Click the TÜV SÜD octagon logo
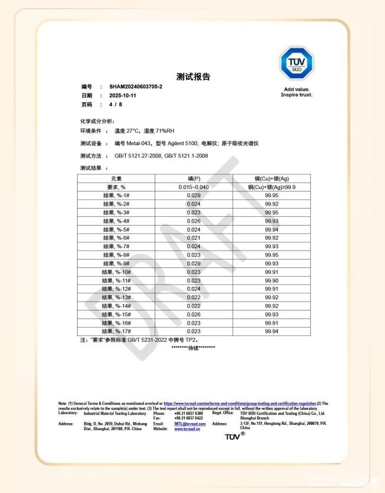pos(296,63)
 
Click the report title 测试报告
pos(193,76)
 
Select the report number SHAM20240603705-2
pos(136,87)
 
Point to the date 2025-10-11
pos(123,95)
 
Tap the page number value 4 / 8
pos(115,104)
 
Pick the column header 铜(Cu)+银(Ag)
pos(272,178)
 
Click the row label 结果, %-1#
pos(116,195)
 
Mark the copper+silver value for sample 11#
pos(272,280)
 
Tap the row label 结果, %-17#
pos(116,331)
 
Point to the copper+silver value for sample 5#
pos(272,229)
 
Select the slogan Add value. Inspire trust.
pos(296,92)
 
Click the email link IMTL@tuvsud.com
pos(190,424)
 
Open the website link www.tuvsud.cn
pos(187,428)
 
